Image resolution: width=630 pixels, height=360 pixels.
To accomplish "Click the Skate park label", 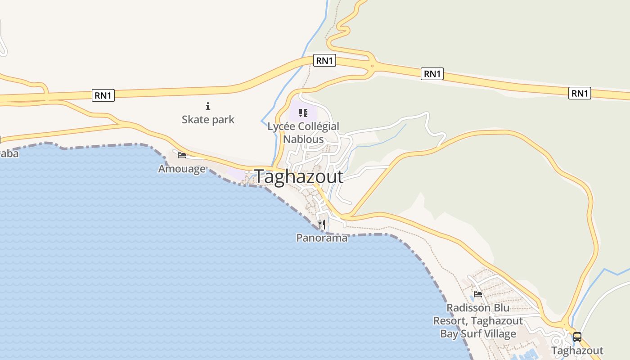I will (208, 120).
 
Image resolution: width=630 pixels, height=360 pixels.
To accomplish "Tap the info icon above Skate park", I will (208, 107).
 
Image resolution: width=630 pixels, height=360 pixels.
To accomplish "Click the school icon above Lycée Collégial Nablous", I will (303, 112).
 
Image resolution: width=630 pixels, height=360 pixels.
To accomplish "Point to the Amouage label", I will (182, 169).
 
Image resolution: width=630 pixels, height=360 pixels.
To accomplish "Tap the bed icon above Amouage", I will (182, 155).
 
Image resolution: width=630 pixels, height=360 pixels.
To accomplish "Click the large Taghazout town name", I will (299, 177).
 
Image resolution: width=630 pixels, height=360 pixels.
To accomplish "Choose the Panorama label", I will (322, 238).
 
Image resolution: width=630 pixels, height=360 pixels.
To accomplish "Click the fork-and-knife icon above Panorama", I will (322, 224).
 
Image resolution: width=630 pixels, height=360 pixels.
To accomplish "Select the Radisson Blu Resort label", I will (478, 321).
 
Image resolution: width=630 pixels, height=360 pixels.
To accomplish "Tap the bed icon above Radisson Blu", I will (478, 294).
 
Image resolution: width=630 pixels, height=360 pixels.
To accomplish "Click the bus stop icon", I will (577, 337).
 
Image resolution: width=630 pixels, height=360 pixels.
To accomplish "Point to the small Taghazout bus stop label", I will (577, 351).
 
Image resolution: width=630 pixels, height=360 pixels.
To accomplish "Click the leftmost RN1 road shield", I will (103, 95).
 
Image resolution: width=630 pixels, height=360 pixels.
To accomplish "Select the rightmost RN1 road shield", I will (580, 93).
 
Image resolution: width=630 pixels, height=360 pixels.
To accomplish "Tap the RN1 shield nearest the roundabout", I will (324, 60).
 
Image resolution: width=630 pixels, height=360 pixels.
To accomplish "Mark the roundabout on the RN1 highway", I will (372, 67).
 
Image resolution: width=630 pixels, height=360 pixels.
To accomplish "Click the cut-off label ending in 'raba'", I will (9, 154).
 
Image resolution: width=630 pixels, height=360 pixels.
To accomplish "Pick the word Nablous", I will (303, 139).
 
